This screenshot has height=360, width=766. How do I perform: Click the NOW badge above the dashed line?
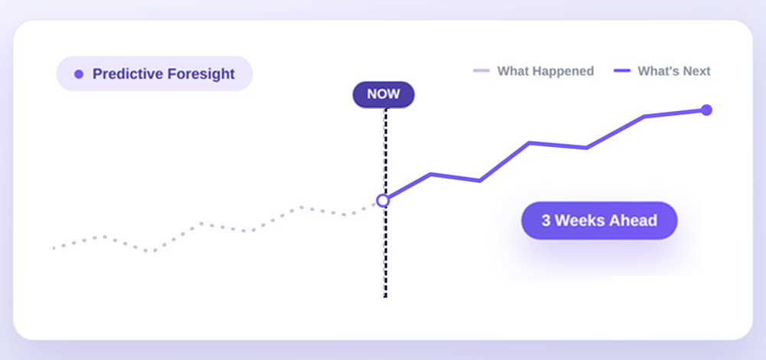click(384, 94)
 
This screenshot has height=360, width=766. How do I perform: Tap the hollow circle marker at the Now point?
click(383, 200)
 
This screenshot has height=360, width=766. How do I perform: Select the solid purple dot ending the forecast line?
click(706, 110)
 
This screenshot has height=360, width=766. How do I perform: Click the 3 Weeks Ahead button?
click(600, 221)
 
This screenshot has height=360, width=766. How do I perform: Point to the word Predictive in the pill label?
click(127, 74)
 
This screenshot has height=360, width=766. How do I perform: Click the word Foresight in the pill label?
click(201, 74)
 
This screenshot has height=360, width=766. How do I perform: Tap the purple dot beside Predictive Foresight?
click(79, 74)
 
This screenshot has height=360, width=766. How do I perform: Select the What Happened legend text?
click(545, 71)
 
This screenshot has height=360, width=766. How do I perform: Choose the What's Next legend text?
click(674, 71)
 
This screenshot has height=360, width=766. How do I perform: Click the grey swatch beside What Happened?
click(481, 70)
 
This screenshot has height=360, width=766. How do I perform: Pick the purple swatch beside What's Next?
click(622, 70)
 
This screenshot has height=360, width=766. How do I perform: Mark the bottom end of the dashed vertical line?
click(385, 296)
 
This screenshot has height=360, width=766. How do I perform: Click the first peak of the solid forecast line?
click(430, 174)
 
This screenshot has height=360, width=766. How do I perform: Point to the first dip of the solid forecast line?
click(480, 181)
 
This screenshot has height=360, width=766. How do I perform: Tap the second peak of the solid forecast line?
click(529, 142)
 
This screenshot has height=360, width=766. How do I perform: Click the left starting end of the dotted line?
click(54, 248)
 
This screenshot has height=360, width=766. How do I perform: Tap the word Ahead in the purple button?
click(634, 221)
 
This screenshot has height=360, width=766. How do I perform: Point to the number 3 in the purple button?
click(545, 221)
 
